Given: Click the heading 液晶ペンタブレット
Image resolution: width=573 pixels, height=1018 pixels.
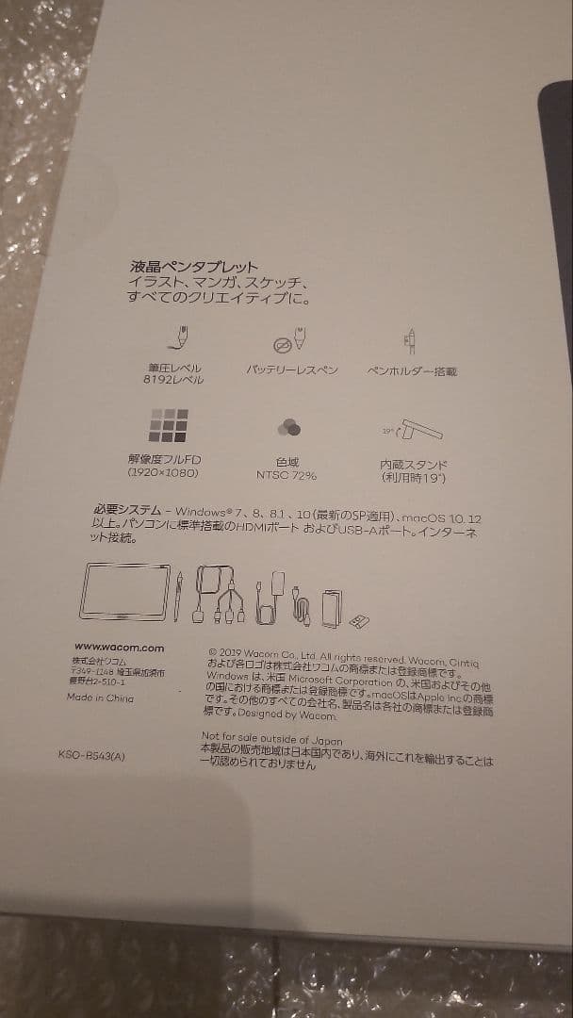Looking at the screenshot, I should [194, 268].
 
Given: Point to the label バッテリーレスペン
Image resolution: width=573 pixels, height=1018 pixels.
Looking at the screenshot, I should [291, 370].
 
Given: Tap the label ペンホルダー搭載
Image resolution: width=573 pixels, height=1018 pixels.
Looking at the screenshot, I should [411, 372].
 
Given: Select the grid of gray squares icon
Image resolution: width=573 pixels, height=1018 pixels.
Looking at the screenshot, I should [169, 426].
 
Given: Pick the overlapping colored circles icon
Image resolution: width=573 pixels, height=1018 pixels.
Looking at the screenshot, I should [288, 429].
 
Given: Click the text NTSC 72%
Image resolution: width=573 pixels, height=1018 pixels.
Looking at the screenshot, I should [286, 475].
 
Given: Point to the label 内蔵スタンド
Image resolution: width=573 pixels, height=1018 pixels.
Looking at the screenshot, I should [413, 465].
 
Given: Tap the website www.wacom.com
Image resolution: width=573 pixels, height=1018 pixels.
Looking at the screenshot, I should [119, 648].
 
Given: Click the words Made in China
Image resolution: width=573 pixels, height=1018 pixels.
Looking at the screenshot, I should [100, 698].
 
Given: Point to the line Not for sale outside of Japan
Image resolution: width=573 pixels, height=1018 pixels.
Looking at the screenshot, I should [272, 739].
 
